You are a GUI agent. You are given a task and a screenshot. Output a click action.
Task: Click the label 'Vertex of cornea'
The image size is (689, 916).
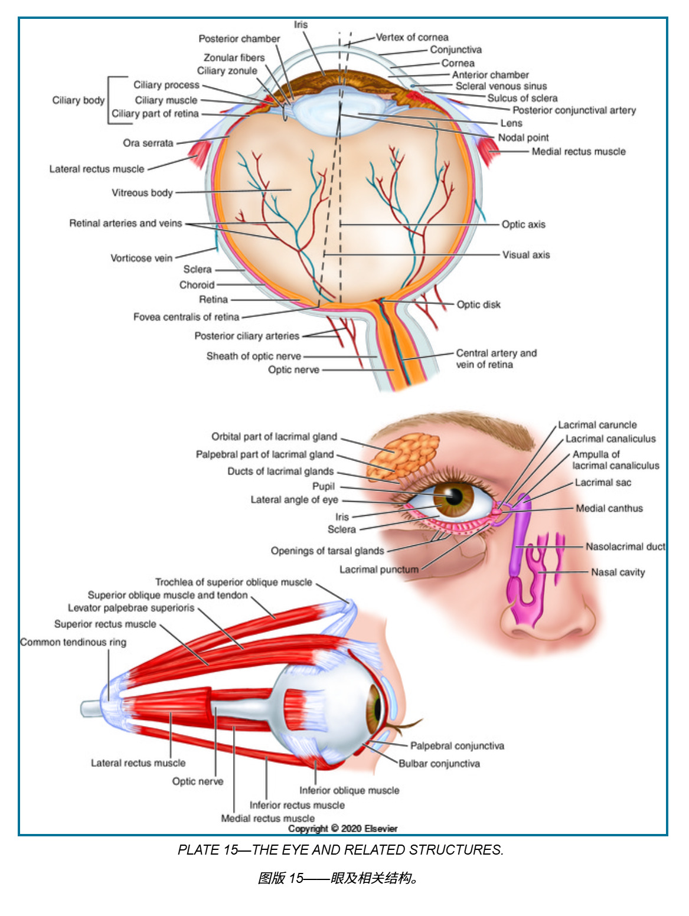pyautogui.click(x=412, y=37)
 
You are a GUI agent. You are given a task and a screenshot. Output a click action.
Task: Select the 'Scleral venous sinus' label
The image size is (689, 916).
pyautogui.click(x=501, y=86)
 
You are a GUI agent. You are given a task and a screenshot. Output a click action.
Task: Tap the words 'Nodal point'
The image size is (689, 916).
pyautogui.click(x=523, y=138)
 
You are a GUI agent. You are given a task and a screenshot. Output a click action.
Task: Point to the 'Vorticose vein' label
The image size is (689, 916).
pyautogui.click(x=141, y=258)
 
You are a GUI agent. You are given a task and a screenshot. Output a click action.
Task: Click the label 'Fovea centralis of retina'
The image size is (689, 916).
pyautogui.click(x=186, y=317)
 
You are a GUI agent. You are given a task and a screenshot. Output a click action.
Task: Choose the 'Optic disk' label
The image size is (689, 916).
pyautogui.click(x=478, y=305)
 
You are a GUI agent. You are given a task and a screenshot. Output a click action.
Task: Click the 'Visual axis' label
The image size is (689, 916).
pyautogui.click(x=525, y=255)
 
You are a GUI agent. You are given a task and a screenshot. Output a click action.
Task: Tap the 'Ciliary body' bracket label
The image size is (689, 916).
pyautogui.click(x=78, y=100)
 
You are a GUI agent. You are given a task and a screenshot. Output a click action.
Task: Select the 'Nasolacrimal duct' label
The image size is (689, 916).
pyautogui.click(x=625, y=547)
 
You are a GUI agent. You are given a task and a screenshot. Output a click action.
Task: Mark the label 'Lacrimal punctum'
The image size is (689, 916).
pyautogui.click(x=378, y=570)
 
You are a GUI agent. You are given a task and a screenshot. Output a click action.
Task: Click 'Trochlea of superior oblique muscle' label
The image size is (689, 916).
pyautogui.click(x=233, y=582)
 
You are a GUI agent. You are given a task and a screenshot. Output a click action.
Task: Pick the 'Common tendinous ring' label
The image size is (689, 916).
pyautogui.click(x=73, y=642)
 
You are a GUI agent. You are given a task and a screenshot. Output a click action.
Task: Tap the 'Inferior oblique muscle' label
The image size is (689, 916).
pyautogui.click(x=349, y=790)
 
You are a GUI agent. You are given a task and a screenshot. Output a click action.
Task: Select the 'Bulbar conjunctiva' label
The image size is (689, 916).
pyautogui.click(x=439, y=764)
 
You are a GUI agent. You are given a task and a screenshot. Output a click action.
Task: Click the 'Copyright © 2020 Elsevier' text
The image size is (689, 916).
pyautogui.click(x=342, y=829)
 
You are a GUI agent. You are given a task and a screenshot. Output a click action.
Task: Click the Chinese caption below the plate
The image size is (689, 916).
pyautogui.click(x=339, y=878)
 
